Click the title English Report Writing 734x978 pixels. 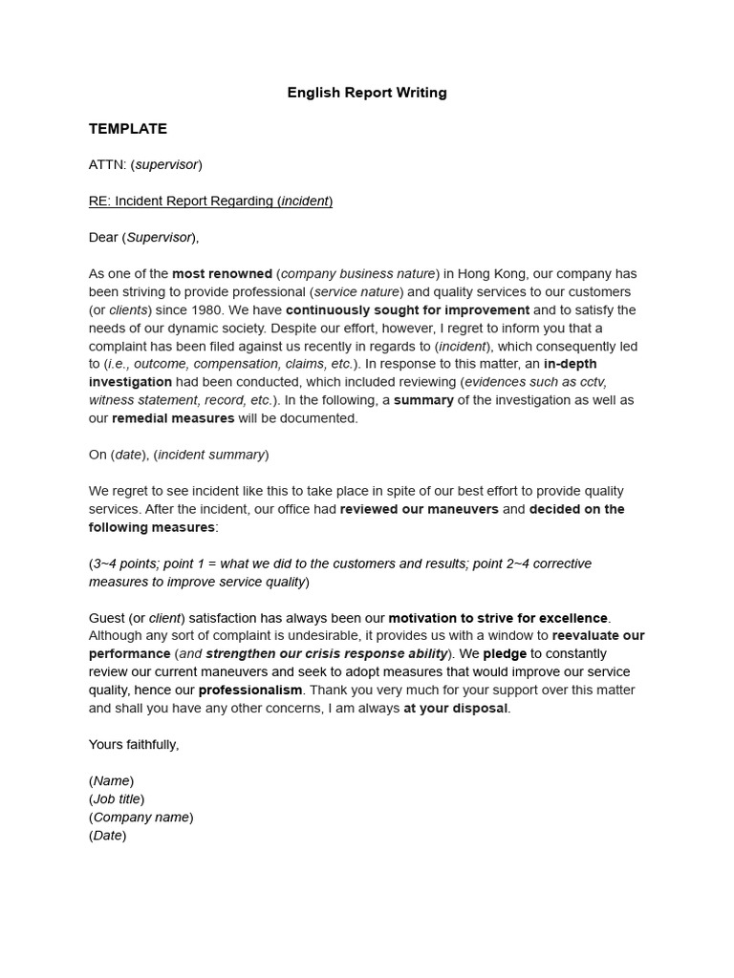[x=367, y=93]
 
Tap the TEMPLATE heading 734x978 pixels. [x=128, y=129]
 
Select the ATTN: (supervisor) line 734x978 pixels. [x=145, y=165]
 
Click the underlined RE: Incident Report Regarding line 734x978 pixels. [x=210, y=202]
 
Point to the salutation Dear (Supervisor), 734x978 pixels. [x=143, y=238]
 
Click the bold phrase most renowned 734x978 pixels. [x=222, y=274]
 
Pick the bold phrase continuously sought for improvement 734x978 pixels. [x=407, y=310]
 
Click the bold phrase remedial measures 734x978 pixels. [x=173, y=418]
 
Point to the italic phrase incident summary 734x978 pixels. [x=211, y=455]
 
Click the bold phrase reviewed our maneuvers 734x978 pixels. [x=419, y=509]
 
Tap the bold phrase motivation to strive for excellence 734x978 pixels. [x=497, y=618]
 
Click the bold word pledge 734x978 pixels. [x=505, y=654]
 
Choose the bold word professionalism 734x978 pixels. [x=250, y=691]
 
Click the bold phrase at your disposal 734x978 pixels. [x=456, y=709]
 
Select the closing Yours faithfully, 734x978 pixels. [x=134, y=745]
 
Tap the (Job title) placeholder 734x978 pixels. [x=117, y=799]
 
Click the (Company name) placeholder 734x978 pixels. [x=141, y=818]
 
